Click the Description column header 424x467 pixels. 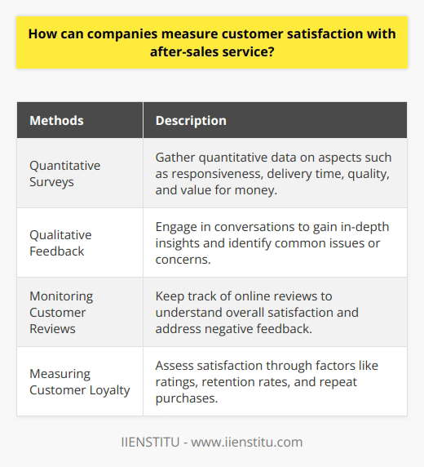pyautogui.click(x=191, y=120)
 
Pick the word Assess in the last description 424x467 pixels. pyautogui.click(x=175, y=364)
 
